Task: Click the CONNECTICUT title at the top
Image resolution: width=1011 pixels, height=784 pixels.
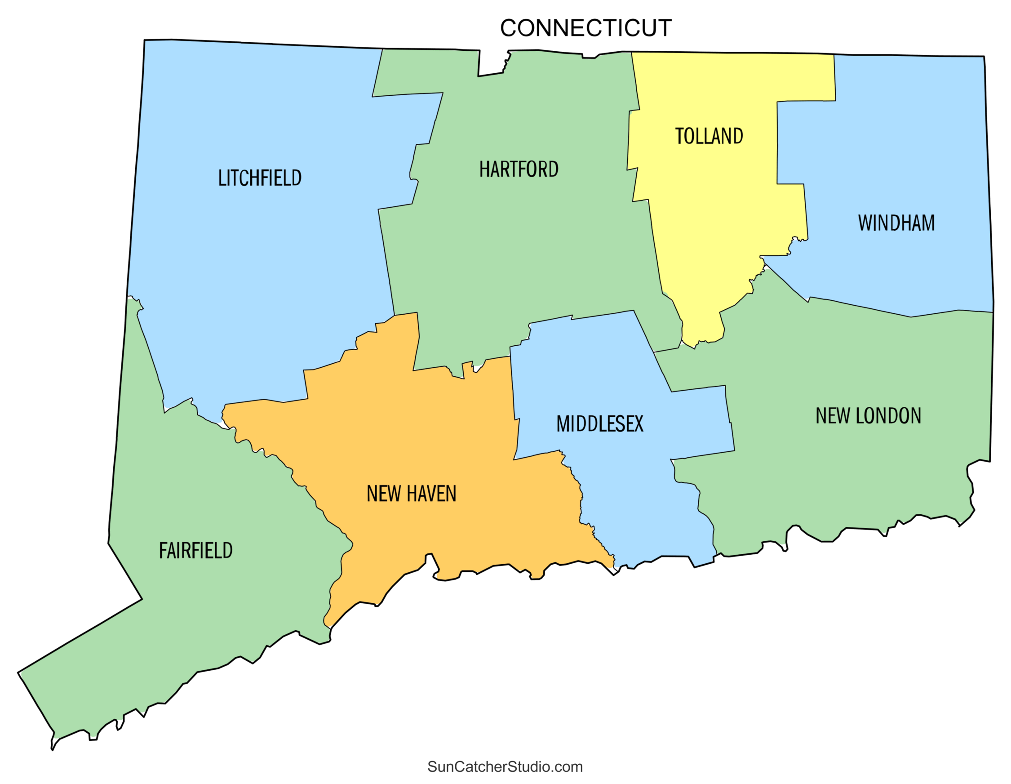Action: pyautogui.click(x=585, y=28)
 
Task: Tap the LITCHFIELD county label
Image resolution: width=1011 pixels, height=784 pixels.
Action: pyautogui.click(x=260, y=178)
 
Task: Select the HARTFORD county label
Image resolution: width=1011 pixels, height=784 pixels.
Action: pyautogui.click(x=519, y=169)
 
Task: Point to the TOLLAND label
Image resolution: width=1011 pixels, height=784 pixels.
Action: pyautogui.click(x=709, y=136)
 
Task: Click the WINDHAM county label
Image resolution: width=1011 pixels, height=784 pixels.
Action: pyautogui.click(x=896, y=223)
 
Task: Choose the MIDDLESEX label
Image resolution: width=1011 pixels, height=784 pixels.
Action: pyautogui.click(x=599, y=424)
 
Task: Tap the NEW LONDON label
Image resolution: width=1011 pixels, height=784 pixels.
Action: pyautogui.click(x=868, y=416)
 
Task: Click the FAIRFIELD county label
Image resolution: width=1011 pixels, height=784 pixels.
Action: pyautogui.click(x=196, y=551)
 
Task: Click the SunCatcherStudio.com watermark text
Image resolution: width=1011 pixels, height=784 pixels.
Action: pyautogui.click(x=505, y=766)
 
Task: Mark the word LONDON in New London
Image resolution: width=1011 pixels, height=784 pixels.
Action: pyautogui.click(x=888, y=416)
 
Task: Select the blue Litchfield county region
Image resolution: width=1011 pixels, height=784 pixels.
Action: pyautogui.click(x=259, y=278)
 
